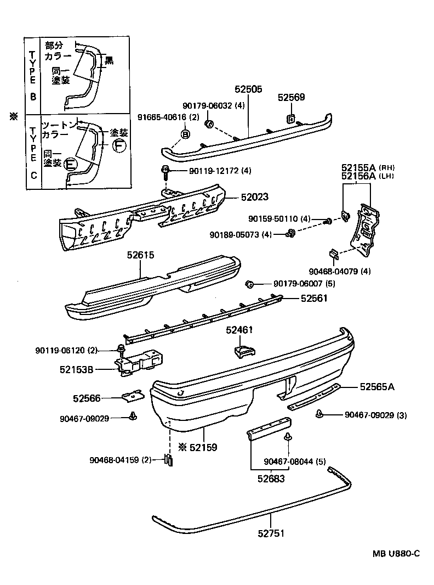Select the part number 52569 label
(x=291, y=98)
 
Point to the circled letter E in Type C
(x=70, y=164)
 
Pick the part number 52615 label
(x=141, y=255)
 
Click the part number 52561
(x=313, y=299)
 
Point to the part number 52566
(x=87, y=398)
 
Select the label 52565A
(x=377, y=387)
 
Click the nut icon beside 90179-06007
(x=249, y=284)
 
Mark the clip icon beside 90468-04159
(x=169, y=460)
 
